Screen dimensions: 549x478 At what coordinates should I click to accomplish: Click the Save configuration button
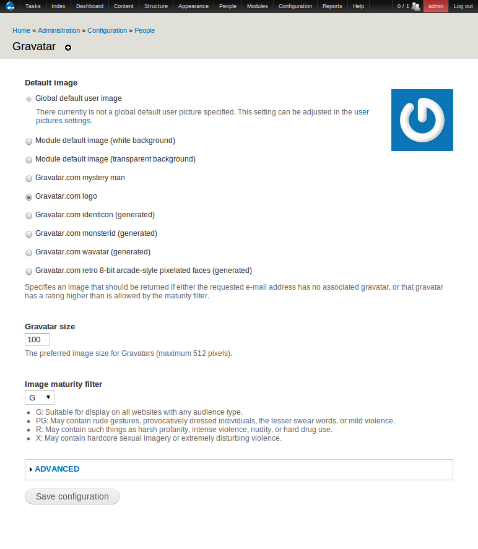pos(72,496)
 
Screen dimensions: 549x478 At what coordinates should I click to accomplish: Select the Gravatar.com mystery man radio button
pos(28,178)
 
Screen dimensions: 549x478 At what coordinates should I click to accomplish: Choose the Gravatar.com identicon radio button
pos(28,215)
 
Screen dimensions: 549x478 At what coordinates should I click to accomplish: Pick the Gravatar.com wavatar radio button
pos(28,253)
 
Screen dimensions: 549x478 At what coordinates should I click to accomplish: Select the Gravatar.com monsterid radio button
pos(28,234)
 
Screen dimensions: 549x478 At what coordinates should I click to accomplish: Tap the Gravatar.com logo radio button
pos(28,197)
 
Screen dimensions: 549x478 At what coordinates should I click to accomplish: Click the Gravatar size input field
pos(37,340)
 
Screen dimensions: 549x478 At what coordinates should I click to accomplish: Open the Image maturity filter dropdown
pos(40,397)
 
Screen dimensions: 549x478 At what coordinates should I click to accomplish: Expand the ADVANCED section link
pos(57,469)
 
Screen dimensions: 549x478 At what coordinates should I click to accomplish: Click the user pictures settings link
pos(361,113)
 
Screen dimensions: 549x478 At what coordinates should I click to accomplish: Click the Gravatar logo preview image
pos(422,120)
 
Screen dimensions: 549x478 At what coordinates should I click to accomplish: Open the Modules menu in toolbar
pos(257,6)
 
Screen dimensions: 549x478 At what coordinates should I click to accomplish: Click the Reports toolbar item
pos(332,6)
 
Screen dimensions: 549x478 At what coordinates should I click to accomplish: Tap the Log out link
pos(463,6)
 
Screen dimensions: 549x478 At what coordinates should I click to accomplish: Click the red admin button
pos(435,6)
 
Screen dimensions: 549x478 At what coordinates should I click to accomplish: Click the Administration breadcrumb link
pos(59,30)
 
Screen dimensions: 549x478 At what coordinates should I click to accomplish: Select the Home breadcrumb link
pos(21,30)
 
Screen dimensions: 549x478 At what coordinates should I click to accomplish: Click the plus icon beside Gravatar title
pos(68,48)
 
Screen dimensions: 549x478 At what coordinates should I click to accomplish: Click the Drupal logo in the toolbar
pos(10,6)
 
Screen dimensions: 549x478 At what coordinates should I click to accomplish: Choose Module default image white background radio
pos(28,141)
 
